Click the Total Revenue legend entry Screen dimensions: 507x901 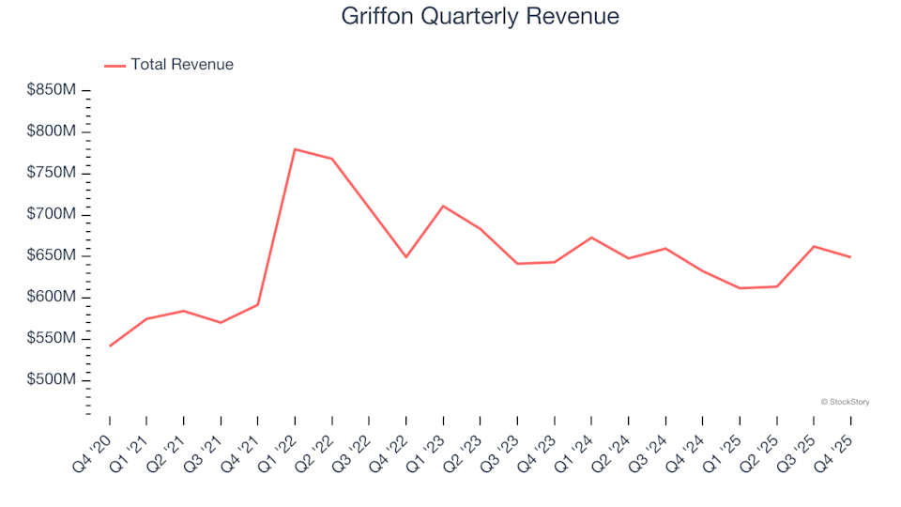tap(181, 65)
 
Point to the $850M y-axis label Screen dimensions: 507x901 tap(52, 90)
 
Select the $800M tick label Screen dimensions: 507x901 tap(52, 131)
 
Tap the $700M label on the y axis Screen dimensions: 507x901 tap(52, 214)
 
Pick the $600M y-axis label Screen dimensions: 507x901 tap(52, 297)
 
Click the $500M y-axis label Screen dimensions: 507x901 tap(52, 379)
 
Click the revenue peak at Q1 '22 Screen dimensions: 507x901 tap(295, 149)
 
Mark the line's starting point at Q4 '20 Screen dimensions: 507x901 tap(110, 346)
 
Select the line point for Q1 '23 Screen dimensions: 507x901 tap(443, 206)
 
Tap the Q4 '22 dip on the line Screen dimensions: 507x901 tap(406, 257)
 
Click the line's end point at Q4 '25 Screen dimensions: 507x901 tap(850, 257)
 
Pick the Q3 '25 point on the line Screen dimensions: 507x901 tap(814, 246)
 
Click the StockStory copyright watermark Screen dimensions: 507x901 tap(845, 402)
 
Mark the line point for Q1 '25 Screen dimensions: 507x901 tap(740, 288)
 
